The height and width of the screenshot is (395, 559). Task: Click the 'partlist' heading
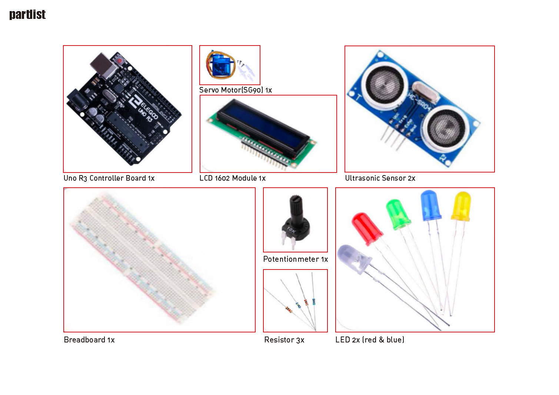tap(27, 14)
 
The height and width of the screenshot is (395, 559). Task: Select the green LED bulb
tap(398, 214)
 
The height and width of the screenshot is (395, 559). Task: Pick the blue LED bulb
tap(430, 205)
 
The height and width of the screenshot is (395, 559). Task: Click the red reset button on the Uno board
tap(120, 61)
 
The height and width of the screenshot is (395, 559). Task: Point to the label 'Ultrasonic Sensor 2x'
tap(380, 178)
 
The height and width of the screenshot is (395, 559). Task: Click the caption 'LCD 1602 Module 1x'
tap(232, 178)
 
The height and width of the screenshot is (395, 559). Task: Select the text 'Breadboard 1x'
tap(89, 339)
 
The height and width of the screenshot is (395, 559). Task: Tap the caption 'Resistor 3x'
tap(284, 339)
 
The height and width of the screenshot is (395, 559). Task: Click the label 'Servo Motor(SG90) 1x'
tap(236, 90)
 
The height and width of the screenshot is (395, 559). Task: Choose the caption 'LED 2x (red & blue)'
tap(370, 339)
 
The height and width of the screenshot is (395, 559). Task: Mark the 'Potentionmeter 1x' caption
tap(296, 259)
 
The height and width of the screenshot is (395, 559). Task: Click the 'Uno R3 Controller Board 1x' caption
tap(109, 178)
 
